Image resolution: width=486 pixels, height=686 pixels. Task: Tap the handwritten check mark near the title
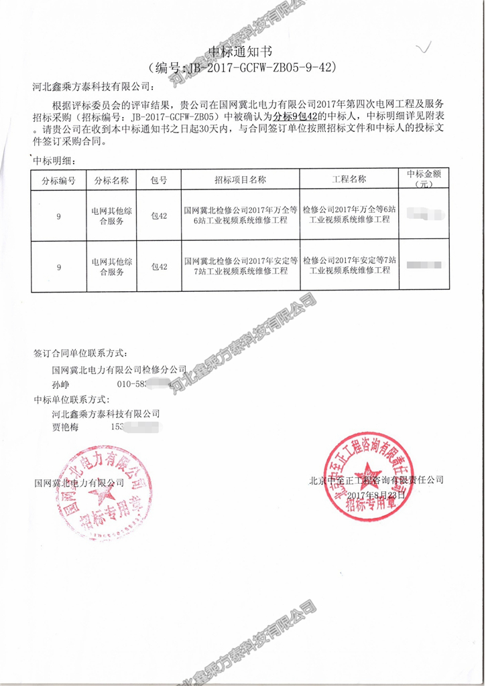tap(424, 48)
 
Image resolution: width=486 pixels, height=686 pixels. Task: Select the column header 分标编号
tap(59, 180)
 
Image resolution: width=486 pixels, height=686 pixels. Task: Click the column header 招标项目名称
tap(240, 180)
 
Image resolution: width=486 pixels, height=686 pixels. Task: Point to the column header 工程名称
tap(349, 180)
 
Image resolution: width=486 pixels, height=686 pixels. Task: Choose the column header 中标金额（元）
tap(423, 179)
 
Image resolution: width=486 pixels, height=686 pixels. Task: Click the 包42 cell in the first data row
tap(159, 215)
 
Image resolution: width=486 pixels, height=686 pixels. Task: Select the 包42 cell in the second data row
tap(159, 266)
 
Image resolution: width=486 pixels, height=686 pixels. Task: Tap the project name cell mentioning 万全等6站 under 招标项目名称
tap(240, 215)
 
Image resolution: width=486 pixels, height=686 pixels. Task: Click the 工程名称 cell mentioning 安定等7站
tap(349, 266)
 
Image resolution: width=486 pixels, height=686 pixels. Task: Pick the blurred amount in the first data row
tap(423, 215)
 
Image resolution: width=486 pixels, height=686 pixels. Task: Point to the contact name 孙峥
tap(60, 385)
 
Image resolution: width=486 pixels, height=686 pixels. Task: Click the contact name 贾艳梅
tap(65, 427)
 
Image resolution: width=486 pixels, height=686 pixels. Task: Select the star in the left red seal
tap(105, 495)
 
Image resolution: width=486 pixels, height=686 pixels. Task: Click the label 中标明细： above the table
tap(56, 161)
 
